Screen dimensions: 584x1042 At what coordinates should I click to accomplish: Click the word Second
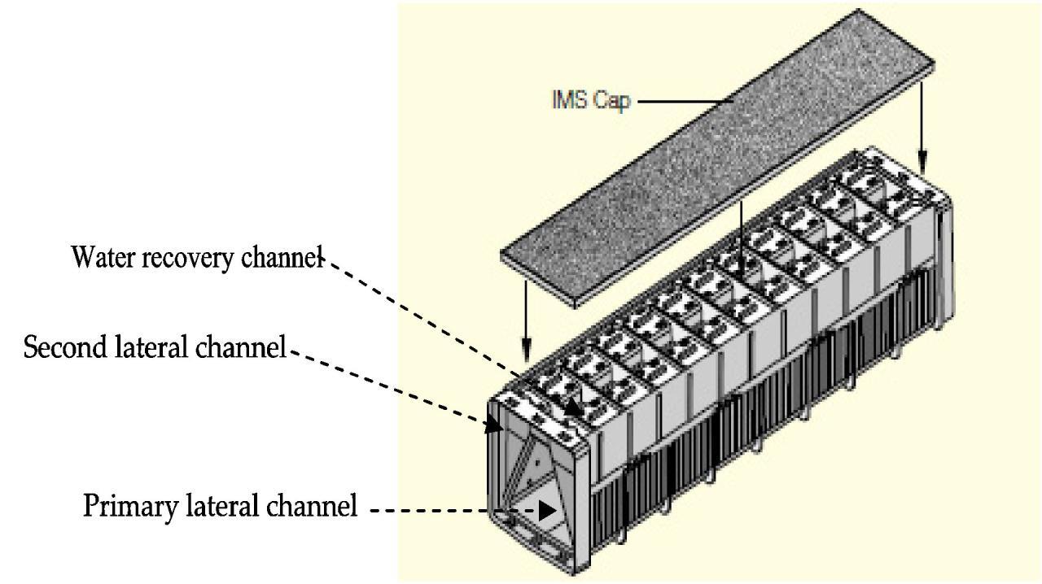pos(60,348)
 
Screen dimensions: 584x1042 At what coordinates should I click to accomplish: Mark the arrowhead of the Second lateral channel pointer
pos(493,424)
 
